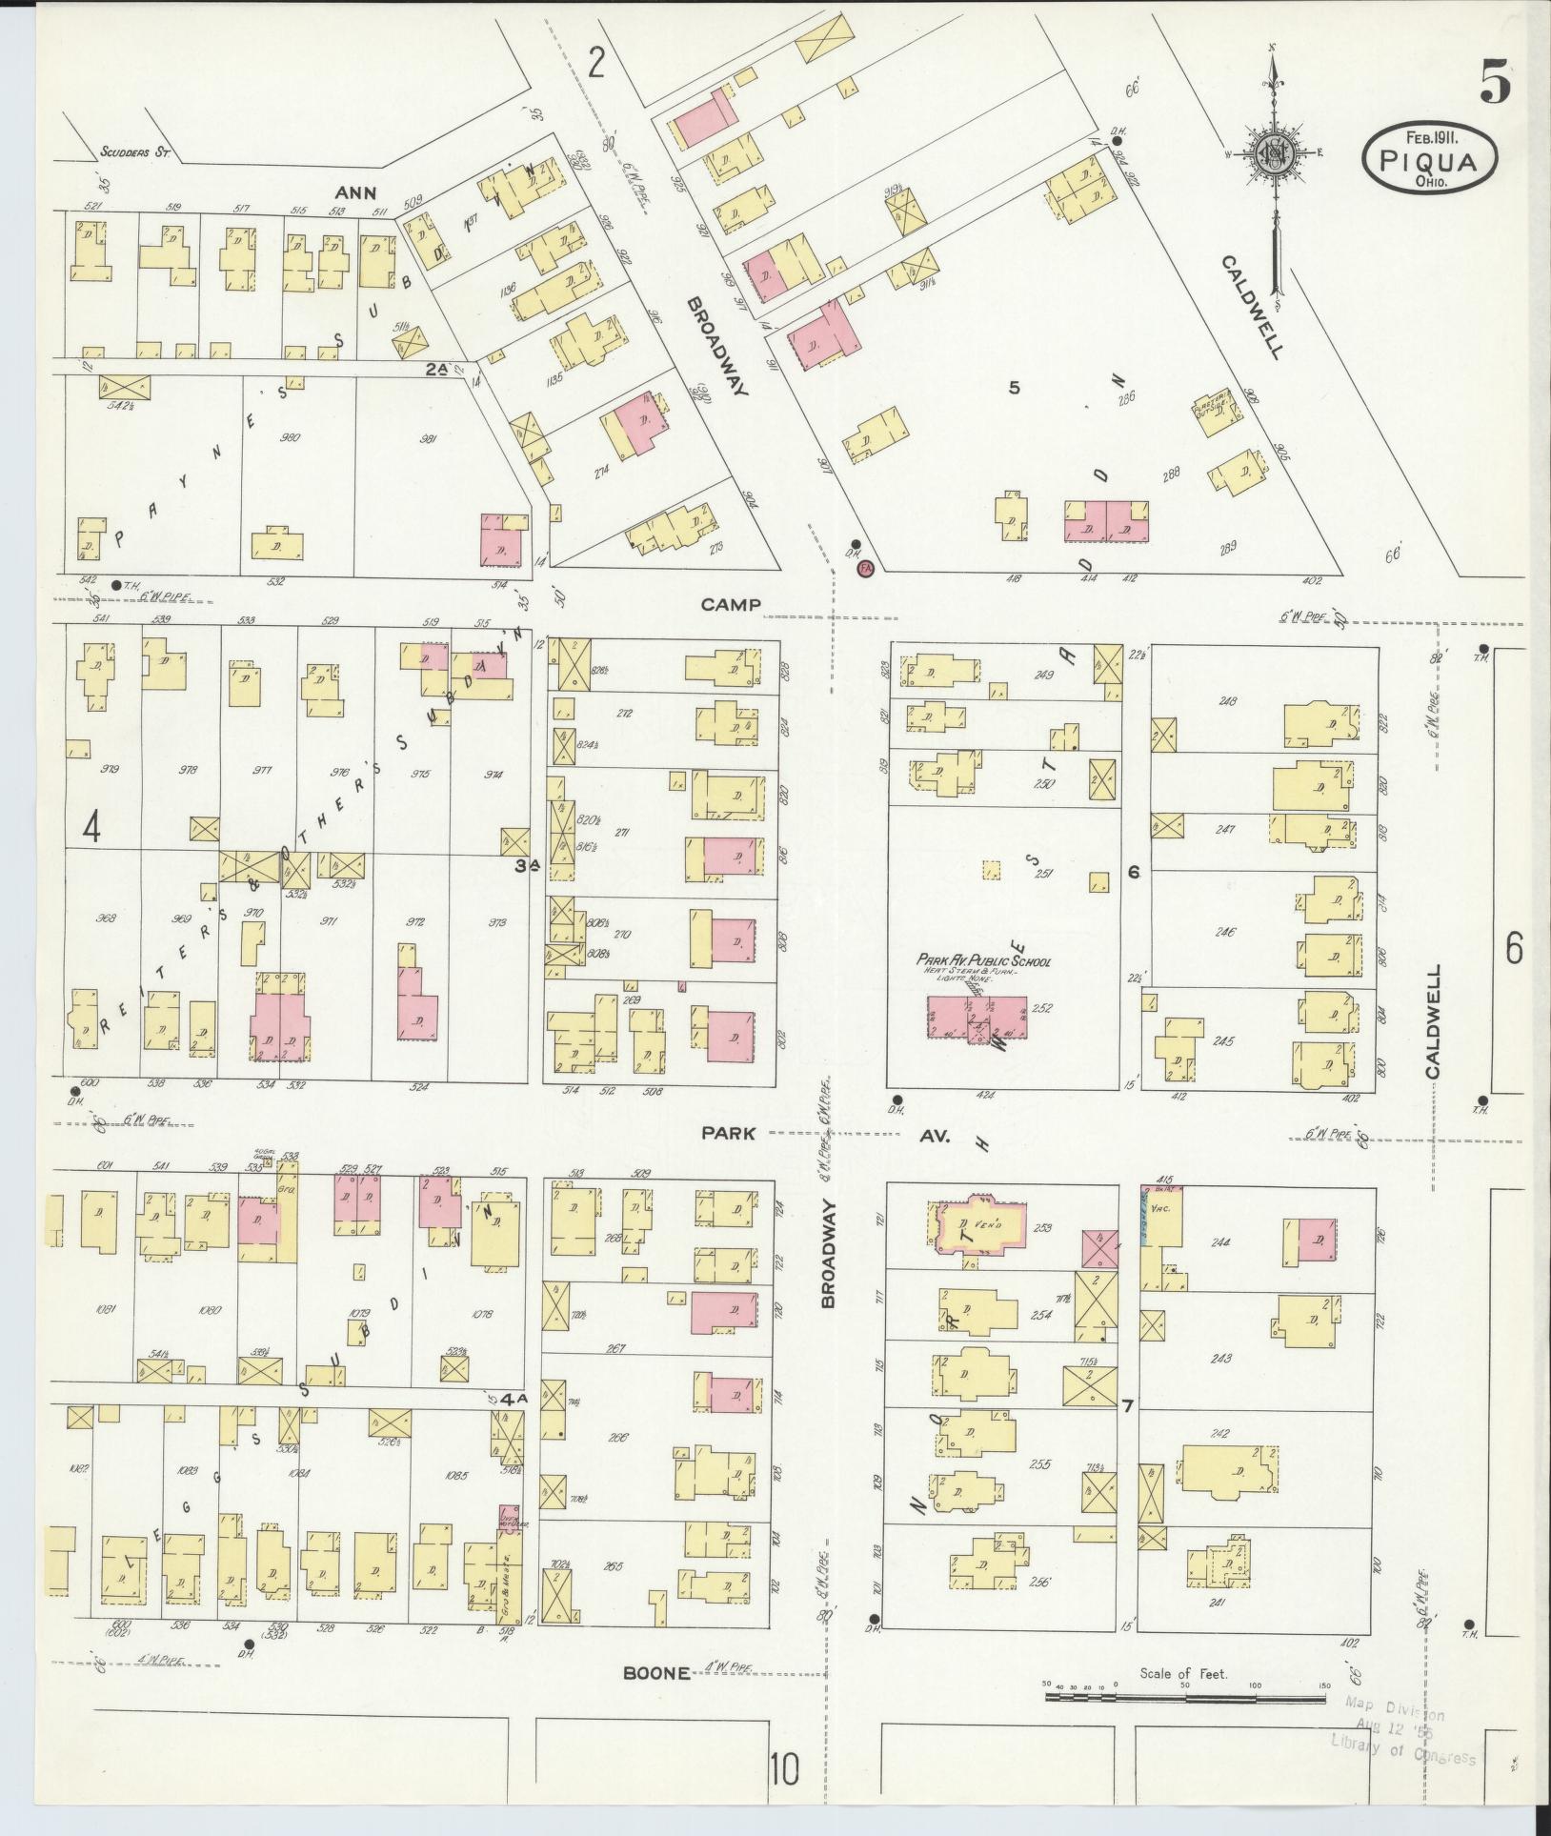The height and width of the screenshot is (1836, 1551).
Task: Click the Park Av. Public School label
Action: pyautogui.click(x=983, y=960)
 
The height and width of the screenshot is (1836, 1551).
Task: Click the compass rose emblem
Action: pyautogui.click(x=1273, y=153)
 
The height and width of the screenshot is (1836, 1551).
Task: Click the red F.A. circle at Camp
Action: pyautogui.click(x=865, y=569)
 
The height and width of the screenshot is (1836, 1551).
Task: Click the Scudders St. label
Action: pyautogui.click(x=135, y=151)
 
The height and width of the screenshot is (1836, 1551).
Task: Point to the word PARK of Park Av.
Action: pyautogui.click(x=729, y=1133)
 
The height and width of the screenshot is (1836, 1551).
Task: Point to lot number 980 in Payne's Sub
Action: pyautogui.click(x=291, y=437)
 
